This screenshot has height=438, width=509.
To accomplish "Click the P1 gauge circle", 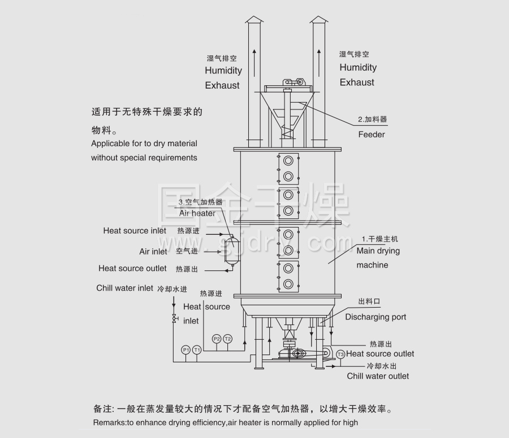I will tap(186, 350).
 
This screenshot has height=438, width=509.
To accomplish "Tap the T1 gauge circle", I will tap(196, 350).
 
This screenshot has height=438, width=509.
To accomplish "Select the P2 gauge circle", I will tap(216, 339).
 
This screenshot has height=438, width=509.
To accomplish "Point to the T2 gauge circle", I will tap(227, 339).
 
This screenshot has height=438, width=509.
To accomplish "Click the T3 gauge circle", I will tap(340, 354).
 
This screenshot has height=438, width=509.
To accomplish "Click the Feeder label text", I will tap(371, 134).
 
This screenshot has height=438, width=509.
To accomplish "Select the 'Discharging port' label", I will tap(376, 317).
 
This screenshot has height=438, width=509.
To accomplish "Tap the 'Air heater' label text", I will tap(197, 213).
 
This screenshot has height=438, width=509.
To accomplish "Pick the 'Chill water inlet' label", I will tap(124, 288).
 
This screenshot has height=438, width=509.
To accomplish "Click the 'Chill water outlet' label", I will tap(378, 376).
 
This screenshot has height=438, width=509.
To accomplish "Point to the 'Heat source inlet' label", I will tap(135, 230).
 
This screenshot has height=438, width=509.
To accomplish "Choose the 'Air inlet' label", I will tap(153, 251).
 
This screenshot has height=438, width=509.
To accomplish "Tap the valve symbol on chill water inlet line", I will tap(174, 318).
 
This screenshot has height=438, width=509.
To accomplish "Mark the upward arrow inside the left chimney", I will tap(255, 56).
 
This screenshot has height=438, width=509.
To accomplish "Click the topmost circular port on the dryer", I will tap(288, 160).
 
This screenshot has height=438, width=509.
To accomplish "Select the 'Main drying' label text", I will tap(378, 251).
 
